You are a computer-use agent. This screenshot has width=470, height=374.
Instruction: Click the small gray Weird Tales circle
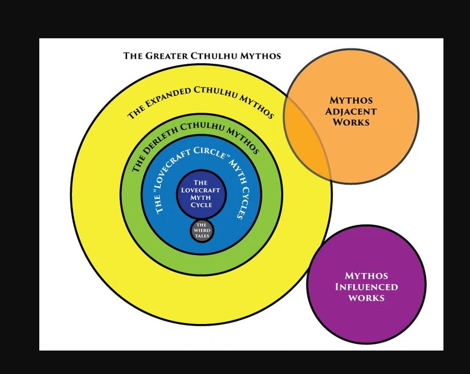click(202, 230)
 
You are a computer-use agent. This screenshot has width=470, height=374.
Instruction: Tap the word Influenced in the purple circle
click(366, 286)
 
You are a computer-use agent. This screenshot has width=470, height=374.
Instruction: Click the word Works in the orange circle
click(351, 122)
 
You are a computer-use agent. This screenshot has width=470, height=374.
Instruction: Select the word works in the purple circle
click(366, 298)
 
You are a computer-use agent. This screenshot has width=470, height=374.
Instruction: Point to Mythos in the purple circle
click(366, 275)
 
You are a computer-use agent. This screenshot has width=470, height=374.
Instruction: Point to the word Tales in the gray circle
click(202, 235)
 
